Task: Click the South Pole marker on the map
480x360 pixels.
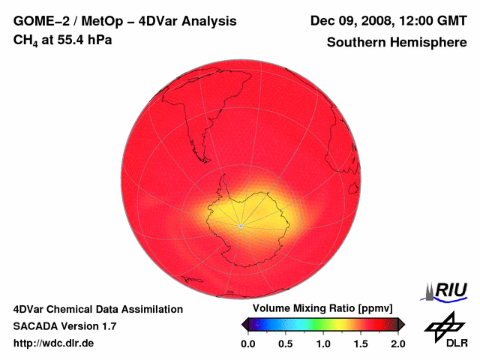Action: pos(240,225)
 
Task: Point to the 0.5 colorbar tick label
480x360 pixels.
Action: pos(286,343)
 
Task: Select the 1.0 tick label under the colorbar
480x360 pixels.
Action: pos(323,343)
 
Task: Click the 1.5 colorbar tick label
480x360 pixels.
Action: pos(361,343)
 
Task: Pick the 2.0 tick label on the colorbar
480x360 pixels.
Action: pos(398,343)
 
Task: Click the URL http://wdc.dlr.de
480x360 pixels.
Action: pos(54,343)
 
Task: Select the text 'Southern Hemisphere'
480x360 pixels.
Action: pos(396,43)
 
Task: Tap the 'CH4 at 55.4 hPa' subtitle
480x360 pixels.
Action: pos(63,40)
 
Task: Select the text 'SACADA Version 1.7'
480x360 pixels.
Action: pos(64,326)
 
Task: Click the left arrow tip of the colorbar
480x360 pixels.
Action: pos(243,324)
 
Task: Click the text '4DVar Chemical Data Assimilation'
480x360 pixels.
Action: pos(97,309)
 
